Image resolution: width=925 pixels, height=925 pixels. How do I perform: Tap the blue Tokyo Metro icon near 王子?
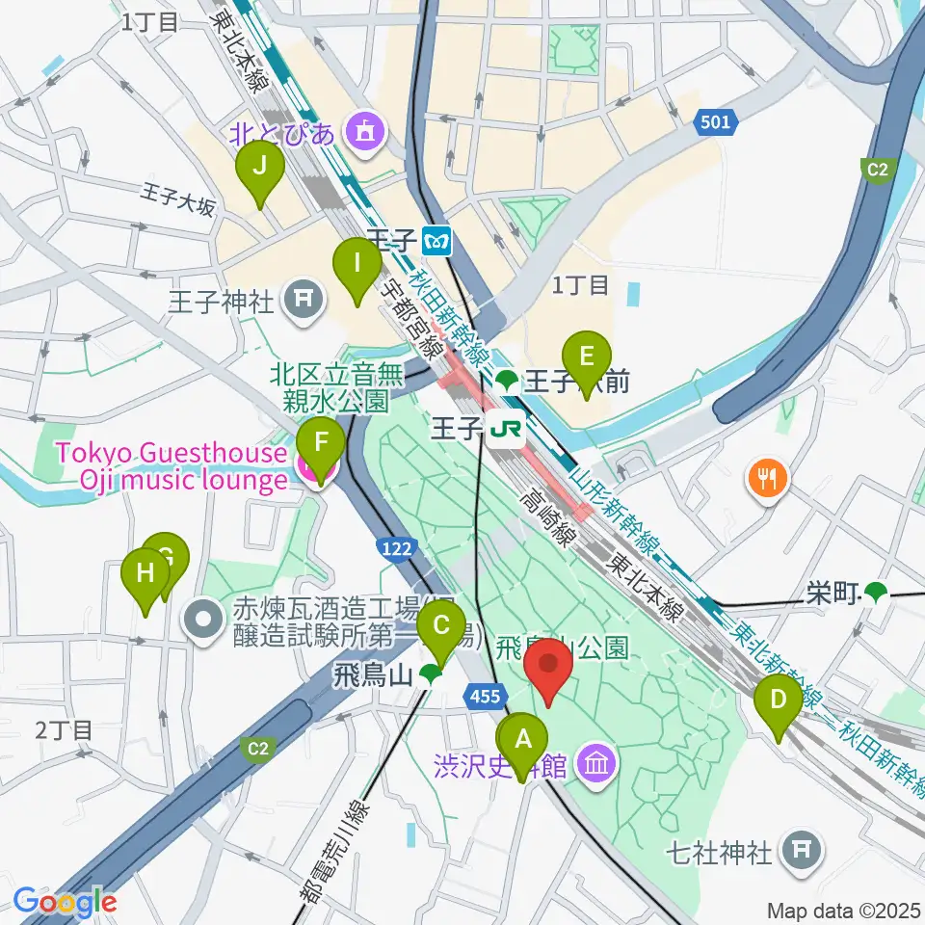click(x=438, y=241)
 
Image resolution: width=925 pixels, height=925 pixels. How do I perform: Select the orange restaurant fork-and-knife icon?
click(x=767, y=477)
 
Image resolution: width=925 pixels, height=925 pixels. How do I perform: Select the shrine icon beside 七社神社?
click(x=802, y=850)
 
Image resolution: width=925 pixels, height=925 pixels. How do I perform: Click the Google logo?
click(x=65, y=902)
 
